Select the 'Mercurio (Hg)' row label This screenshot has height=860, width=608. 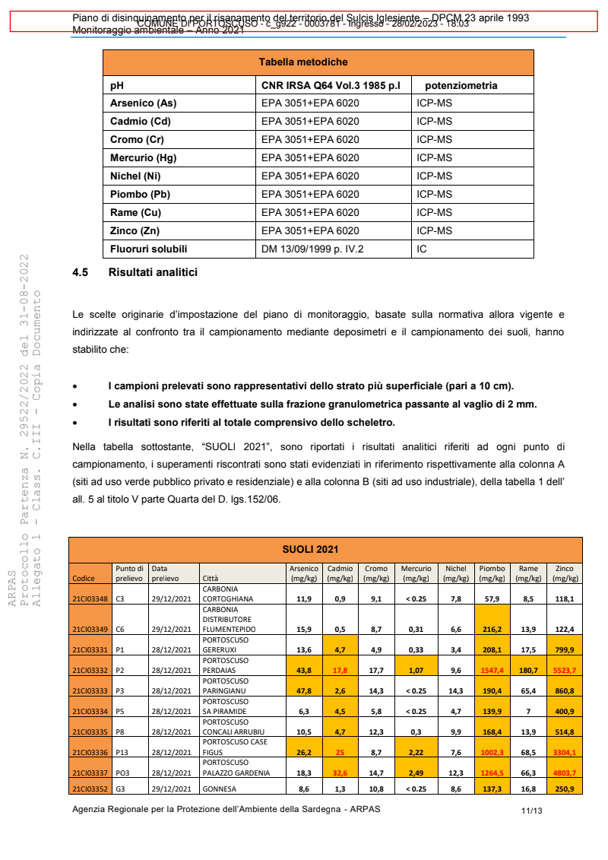[143, 158]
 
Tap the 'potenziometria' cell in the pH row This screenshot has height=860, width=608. [461, 86]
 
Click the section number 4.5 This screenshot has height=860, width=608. [81, 271]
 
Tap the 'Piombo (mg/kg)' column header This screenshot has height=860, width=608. [492, 573]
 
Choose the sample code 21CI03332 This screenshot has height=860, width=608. [90, 670]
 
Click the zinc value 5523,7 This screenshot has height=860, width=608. [565, 670]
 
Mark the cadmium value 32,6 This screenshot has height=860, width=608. [340, 773]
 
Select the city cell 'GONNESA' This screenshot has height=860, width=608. [219, 789]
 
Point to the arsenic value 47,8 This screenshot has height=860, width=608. [304, 690]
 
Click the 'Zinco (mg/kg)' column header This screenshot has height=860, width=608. [565, 573]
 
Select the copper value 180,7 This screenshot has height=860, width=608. [528, 670]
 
